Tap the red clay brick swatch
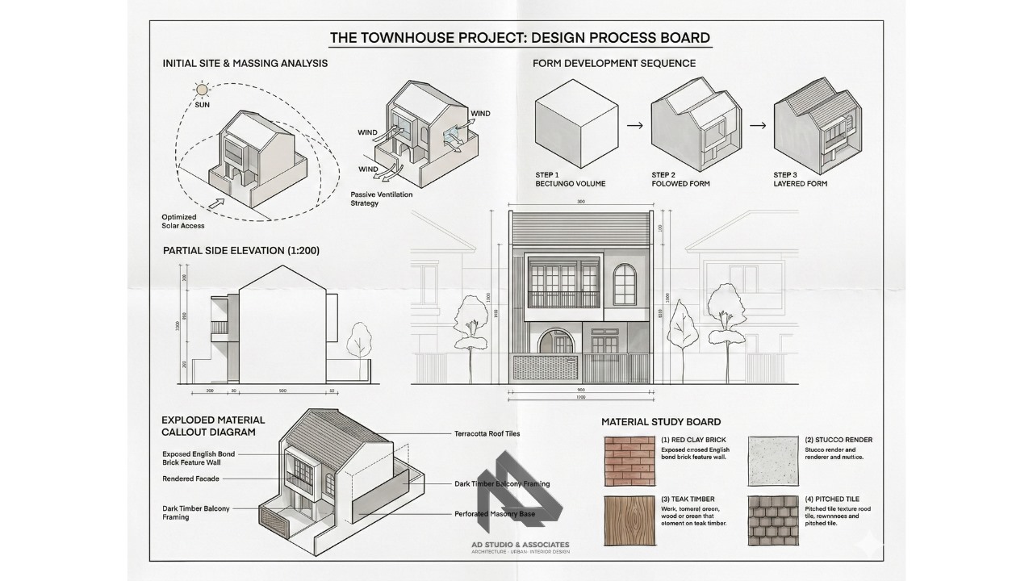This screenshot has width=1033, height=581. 629,461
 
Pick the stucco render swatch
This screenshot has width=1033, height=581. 773,461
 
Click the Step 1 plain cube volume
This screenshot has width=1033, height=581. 575,124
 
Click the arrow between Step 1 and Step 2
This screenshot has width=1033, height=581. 635,126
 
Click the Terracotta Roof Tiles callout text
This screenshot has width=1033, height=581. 487,433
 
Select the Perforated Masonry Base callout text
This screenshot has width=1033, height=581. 495,513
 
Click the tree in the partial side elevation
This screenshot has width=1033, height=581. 358,344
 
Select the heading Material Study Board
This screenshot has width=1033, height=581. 661,422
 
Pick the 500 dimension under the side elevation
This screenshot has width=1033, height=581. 282,391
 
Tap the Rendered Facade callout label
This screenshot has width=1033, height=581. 190,479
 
